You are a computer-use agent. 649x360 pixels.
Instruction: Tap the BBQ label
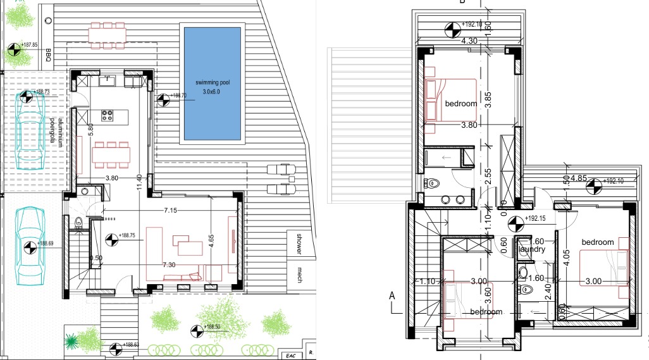(48, 57)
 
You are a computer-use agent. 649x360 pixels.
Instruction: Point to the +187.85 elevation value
(29, 46)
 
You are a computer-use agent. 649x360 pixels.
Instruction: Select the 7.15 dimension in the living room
(170, 209)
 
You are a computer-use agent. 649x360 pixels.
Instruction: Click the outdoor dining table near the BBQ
(106, 35)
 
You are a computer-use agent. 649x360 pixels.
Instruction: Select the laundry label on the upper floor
(532, 249)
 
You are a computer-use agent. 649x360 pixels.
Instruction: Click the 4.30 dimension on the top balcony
(469, 40)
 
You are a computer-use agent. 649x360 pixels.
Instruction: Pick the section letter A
(392, 295)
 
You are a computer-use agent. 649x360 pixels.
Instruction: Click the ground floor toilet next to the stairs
(79, 222)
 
